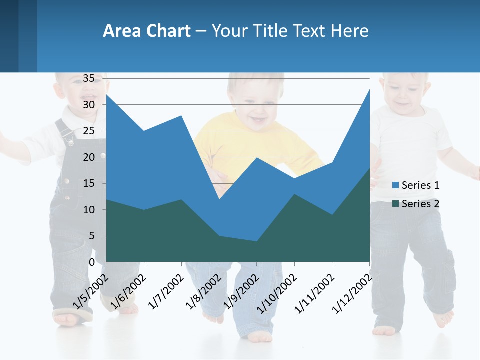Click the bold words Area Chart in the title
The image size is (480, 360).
[146, 31]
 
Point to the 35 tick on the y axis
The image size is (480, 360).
[89, 78]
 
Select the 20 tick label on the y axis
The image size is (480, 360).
[89, 157]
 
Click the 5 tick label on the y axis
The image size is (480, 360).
[92, 236]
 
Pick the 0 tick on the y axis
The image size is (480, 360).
[92, 262]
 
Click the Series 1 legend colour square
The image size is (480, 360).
[395, 185]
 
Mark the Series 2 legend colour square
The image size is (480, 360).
[395, 204]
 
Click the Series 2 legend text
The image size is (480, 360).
[420, 204]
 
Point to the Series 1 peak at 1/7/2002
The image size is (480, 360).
[181, 116]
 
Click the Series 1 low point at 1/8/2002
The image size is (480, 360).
[219, 199]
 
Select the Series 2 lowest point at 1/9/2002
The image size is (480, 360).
[256, 241]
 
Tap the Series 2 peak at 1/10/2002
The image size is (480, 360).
[294, 194]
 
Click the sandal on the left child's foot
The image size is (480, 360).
[73, 316]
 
